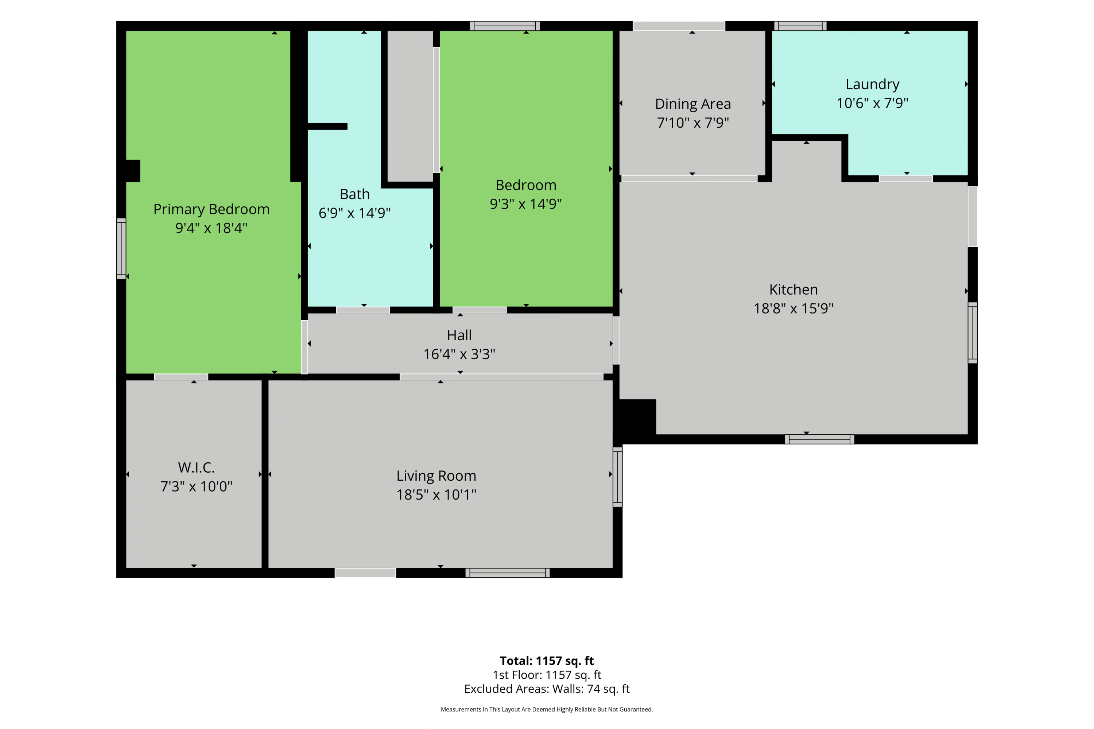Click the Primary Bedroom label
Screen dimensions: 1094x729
coord(211,209)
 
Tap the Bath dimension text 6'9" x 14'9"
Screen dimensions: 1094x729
coord(354,213)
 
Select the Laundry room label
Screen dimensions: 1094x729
coord(872,84)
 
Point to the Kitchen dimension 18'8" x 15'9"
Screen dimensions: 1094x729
coord(793,308)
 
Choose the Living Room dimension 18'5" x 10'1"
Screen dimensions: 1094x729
coord(436,495)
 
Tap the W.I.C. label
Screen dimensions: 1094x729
coord(196,468)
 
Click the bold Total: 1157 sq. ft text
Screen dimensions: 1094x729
coord(547,661)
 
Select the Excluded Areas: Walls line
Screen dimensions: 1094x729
coord(547,689)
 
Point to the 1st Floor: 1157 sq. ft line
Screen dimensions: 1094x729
coord(547,675)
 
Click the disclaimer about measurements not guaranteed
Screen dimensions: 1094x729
coord(547,709)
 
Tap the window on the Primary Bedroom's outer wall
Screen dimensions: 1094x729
coord(121,249)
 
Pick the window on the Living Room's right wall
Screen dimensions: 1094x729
coord(617,477)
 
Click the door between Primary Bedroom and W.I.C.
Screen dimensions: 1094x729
coord(181,377)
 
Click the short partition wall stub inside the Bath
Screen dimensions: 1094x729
coord(327,127)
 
